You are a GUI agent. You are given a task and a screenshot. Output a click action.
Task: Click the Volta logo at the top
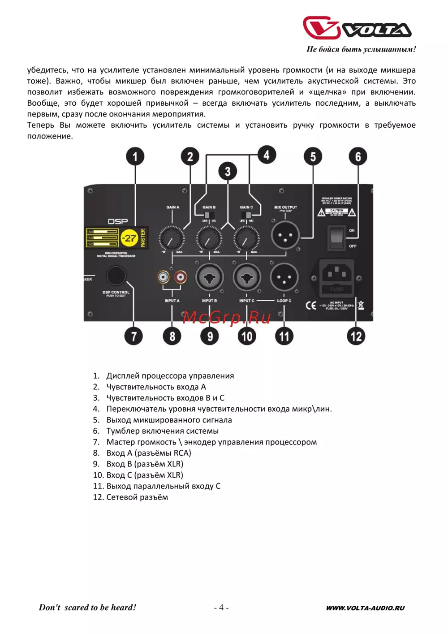click(x=357, y=29)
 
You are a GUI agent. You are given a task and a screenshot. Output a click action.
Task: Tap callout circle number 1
click(x=135, y=156)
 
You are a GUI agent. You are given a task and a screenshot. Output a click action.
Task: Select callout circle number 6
click(x=358, y=156)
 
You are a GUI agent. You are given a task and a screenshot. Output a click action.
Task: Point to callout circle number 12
click(x=356, y=336)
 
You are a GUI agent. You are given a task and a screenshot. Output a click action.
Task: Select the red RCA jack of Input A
click(x=181, y=277)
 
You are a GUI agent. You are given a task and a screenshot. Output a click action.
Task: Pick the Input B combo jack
click(x=209, y=277)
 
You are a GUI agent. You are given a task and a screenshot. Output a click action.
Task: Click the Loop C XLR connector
click(x=284, y=277)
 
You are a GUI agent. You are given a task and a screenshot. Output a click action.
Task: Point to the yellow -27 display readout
click(x=129, y=238)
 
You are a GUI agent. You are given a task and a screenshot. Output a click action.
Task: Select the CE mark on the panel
click(x=311, y=306)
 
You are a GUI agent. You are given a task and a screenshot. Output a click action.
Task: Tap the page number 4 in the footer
click(x=221, y=608)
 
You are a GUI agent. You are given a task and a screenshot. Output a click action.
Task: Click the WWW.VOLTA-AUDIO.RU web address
click(x=365, y=608)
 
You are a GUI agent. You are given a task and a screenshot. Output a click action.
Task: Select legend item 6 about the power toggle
click(x=162, y=431)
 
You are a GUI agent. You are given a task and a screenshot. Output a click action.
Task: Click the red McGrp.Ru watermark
click(x=227, y=317)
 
